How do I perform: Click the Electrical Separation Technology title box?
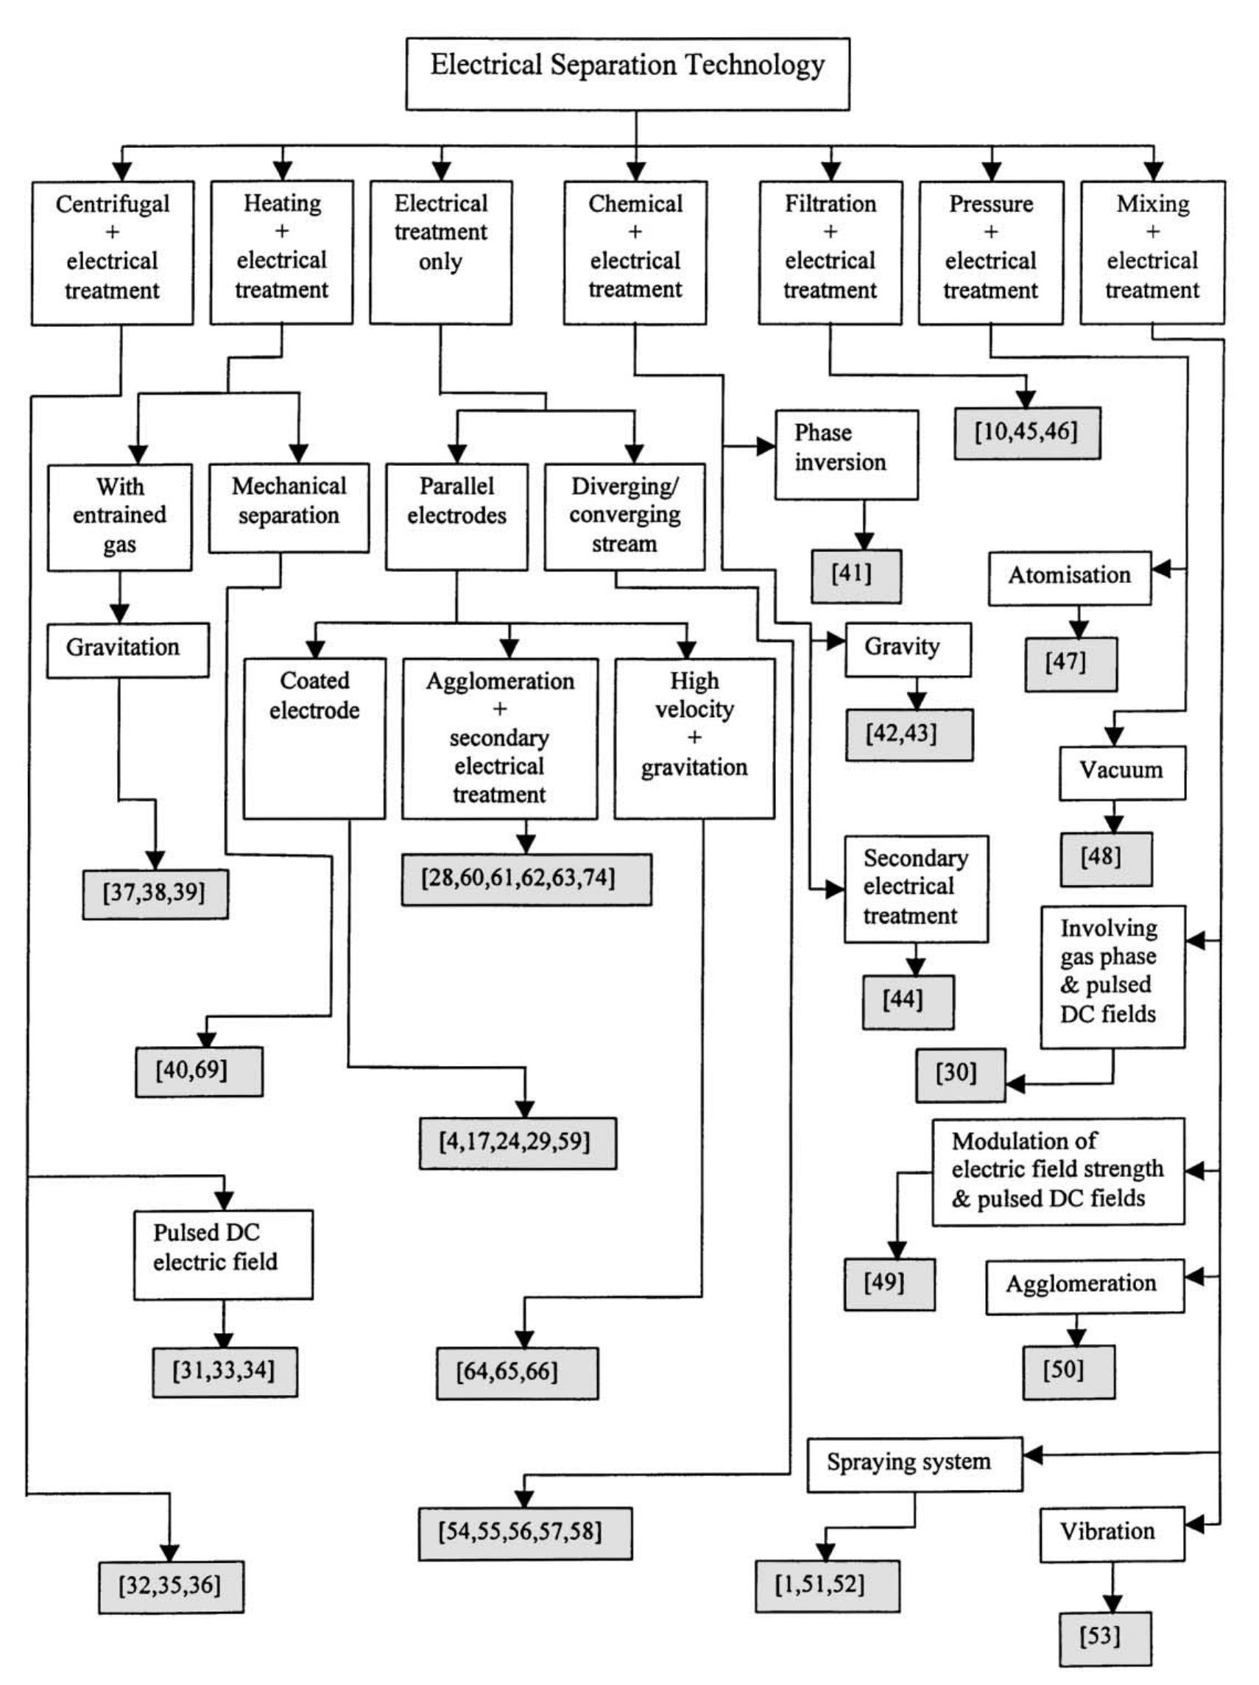pos(627,73)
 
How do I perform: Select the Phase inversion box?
pos(846,455)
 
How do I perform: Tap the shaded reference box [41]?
pos(855,576)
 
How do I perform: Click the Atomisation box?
pos(1069,578)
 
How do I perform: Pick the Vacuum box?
pos(1121,772)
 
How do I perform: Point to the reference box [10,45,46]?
pos(1026,433)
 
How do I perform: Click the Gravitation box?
pos(127,650)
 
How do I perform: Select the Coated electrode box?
pos(314,738)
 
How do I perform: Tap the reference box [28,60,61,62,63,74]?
pos(526,879)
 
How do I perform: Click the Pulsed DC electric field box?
pos(222,1254)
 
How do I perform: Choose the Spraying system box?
pos(914,1463)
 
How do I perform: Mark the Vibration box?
pos(1111,1533)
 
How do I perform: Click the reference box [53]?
pos(1104,1638)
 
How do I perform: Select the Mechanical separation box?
pos(288,507)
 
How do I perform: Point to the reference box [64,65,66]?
pos(517,1373)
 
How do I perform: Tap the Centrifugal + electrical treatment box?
pos(112,252)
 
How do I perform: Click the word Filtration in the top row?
pos(830,204)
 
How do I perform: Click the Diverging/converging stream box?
pos(624,516)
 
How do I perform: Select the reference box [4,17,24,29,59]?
pos(518,1142)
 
